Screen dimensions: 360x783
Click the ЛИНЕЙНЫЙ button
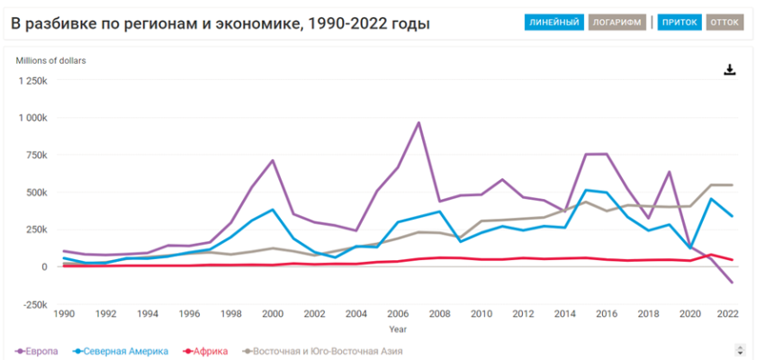554,22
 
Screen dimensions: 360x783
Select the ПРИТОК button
679,22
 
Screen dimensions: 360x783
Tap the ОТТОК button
725,22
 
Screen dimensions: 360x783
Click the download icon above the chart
730,69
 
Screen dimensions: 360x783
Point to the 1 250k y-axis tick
33,80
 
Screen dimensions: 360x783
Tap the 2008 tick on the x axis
439,314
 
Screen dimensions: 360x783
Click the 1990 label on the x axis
64,314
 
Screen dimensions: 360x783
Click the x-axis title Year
397,328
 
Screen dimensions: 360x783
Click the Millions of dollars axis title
50,60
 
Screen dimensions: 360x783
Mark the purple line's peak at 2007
418,122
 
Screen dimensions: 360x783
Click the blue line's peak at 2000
272,210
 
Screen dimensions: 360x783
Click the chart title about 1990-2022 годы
220,22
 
